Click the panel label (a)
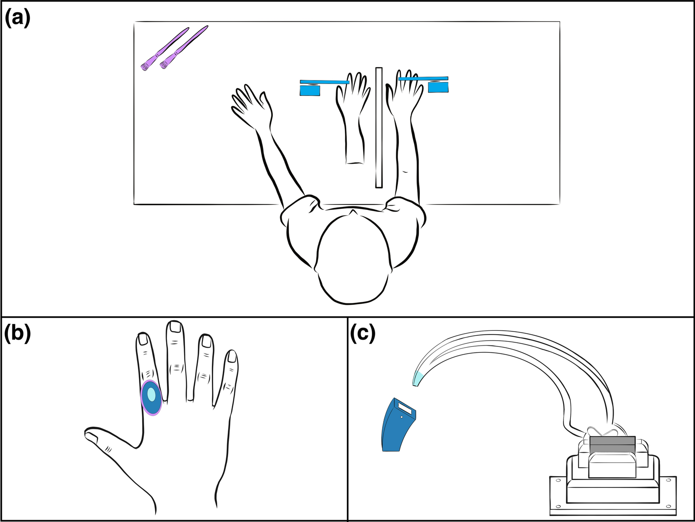pyautogui.click(x=17, y=18)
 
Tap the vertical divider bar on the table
pyautogui.click(x=379, y=128)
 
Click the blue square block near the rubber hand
pyautogui.click(x=310, y=91)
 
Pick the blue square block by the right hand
pyautogui.click(x=438, y=87)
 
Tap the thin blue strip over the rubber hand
pyautogui.click(x=324, y=82)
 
